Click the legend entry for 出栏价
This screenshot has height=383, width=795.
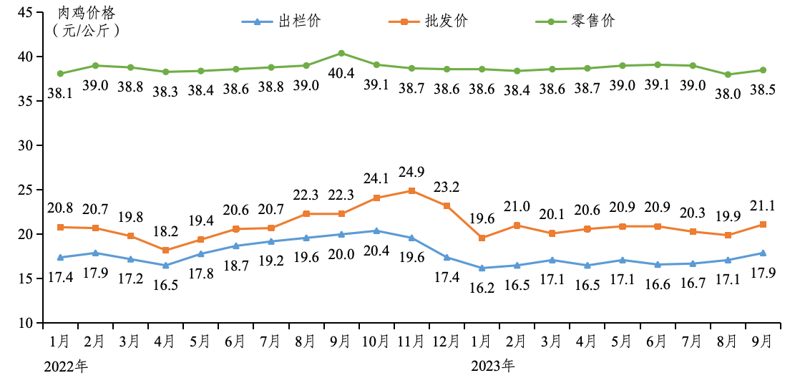pyautogui.click(x=282, y=21)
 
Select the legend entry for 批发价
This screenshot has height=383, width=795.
pyautogui.click(x=429, y=21)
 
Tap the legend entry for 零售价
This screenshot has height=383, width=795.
pyautogui.click(x=575, y=21)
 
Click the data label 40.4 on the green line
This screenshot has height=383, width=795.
pyautogui.click(x=341, y=73)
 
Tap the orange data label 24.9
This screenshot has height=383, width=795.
pyautogui.click(x=411, y=172)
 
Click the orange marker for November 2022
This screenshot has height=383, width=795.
pyautogui.click(x=411, y=190)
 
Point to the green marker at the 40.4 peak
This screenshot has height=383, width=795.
pyautogui.click(x=341, y=53)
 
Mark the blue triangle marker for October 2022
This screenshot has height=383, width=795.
pyautogui.click(x=376, y=231)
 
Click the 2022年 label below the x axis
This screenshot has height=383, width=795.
pyautogui.click(x=66, y=366)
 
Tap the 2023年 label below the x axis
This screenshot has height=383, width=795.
pyautogui.click(x=492, y=366)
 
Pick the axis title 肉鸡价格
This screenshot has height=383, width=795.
pyautogui.click(x=84, y=13)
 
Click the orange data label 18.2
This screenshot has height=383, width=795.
pyautogui.click(x=165, y=231)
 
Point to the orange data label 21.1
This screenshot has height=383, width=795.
pyautogui.click(x=763, y=205)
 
